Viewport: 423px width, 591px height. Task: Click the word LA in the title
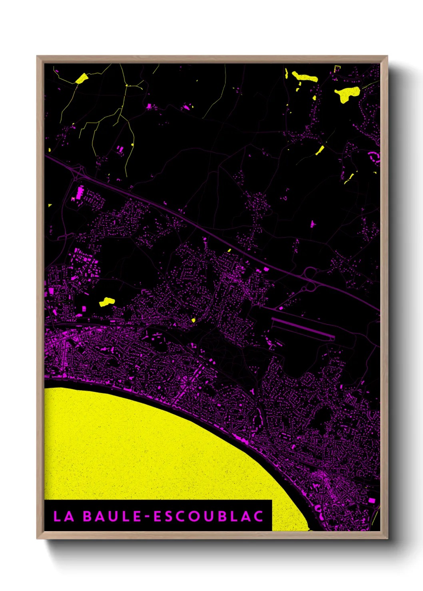coord(64,516)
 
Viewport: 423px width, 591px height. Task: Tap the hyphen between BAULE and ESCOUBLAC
coord(148,516)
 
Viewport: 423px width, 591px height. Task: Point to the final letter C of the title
coord(258,516)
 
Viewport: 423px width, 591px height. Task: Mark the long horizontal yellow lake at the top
coord(305,77)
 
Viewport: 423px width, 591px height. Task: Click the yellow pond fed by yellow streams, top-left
coord(82,78)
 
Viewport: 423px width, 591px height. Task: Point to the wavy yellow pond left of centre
coord(107,302)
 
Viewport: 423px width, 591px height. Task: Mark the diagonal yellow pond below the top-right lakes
coord(320,150)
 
